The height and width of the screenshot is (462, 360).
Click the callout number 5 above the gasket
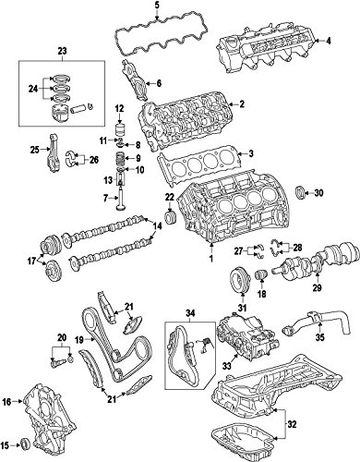click(x=157, y=5)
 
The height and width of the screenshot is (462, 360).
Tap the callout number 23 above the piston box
click(x=63, y=51)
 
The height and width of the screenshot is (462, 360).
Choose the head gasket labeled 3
click(x=198, y=165)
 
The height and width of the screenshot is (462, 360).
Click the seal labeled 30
click(x=300, y=193)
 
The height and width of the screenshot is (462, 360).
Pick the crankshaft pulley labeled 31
click(x=240, y=280)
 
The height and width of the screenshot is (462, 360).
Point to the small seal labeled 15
click(x=25, y=445)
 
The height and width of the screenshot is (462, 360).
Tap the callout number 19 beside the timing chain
click(x=79, y=340)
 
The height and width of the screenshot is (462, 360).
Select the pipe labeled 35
click(x=317, y=322)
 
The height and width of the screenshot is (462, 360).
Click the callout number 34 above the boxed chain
click(x=190, y=313)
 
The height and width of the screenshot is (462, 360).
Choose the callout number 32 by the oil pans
click(x=293, y=425)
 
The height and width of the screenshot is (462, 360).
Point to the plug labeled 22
click(x=170, y=218)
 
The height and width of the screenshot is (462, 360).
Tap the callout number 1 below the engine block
click(x=211, y=259)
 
